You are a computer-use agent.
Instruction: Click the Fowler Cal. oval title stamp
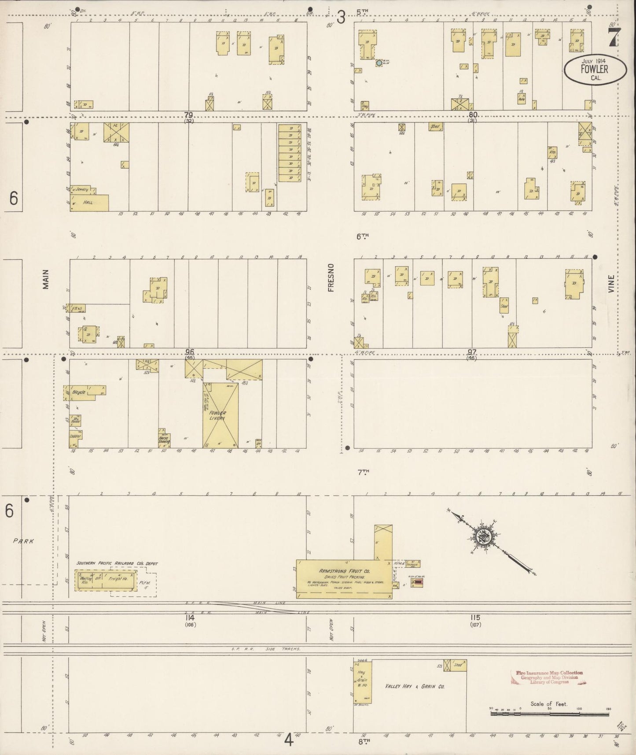[595, 69]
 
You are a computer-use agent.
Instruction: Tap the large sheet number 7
[614, 37]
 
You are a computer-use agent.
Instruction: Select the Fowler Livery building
[221, 415]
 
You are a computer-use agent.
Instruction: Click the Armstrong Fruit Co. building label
[345, 570]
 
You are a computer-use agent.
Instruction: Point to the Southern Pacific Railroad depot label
[117, 563]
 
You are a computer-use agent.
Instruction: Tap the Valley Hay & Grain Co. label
[415, 686]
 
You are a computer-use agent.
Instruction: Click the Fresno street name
[331, 277]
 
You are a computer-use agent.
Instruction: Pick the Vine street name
[610, 283]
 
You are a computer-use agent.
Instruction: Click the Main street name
[46, 279]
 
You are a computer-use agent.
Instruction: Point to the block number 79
[189, 115]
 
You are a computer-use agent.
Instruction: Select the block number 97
[472, 352]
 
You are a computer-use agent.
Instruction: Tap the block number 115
[474, 617]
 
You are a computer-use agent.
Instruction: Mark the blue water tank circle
[379, 63]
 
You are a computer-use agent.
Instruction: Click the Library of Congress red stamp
[549, 677]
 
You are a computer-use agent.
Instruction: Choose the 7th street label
[363, 472]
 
